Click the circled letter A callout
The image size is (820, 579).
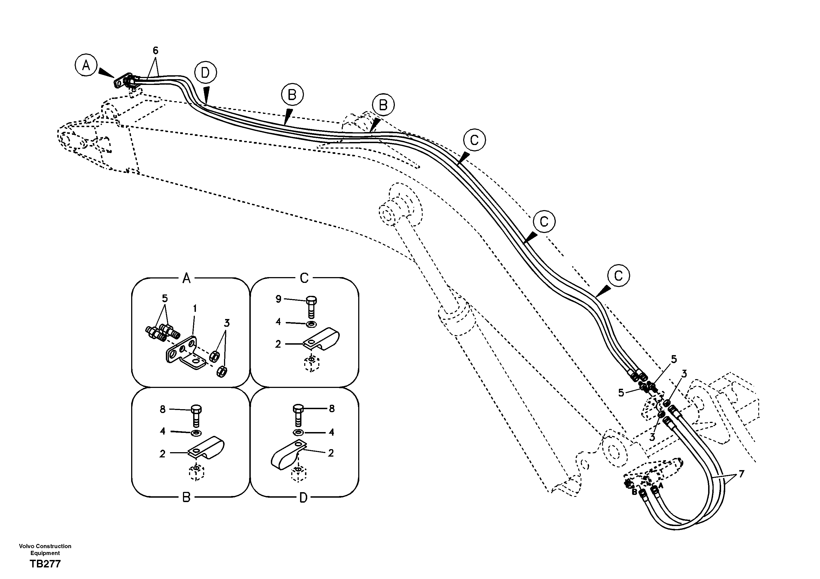[x=86, y=65]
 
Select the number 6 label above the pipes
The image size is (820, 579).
[x=155, y=51]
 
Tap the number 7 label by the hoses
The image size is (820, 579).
[x=741, y=474]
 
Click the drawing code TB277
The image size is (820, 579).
[x=45, y=564]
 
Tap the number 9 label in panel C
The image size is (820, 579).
[x=279, y=299]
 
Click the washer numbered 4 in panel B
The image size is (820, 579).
[x=196, y=433]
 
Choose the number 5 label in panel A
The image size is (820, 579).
[x=165, y=298]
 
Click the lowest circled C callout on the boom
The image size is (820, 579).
[x=618, y=275]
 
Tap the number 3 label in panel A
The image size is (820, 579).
[x=226, y=323]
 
